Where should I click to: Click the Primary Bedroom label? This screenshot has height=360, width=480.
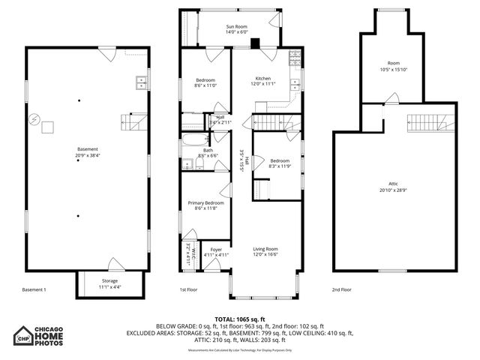click(x=205, y=203)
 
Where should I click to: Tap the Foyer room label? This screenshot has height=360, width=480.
click(x=216, y=249)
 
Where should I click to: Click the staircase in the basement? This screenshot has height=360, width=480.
click(x=132, y=120)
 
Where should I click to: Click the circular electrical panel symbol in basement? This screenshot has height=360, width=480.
click(x=34, y=120)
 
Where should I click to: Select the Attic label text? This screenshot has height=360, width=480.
click(x=393, y=184)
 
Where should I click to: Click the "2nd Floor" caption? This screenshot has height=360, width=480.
click(x=342, y=289)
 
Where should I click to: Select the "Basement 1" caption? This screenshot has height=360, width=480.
click(x=34, y=289)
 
